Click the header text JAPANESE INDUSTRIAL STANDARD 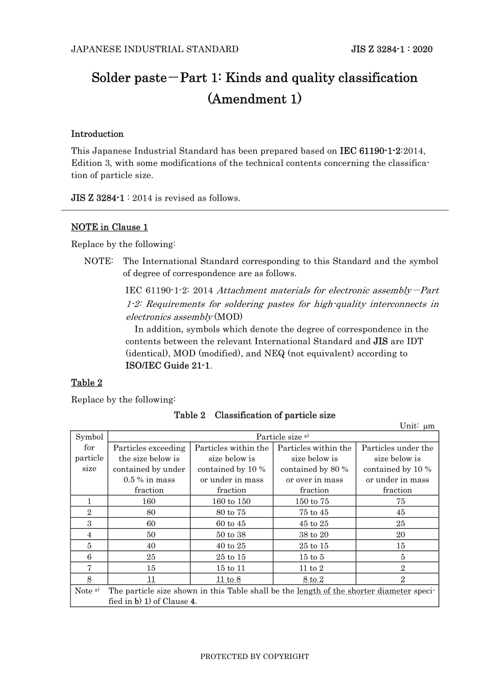point(155,50)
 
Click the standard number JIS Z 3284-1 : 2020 point(392,50)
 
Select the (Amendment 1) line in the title point(254,99)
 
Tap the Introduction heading point(97,134)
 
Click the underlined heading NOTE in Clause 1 point(109,227)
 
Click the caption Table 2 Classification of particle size point(254,415)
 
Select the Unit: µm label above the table point(417,426)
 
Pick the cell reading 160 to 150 point(231,501)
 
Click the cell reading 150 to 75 point(314,501)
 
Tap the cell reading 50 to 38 point(231,534)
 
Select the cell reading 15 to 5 point(314,557)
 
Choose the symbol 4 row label point(89,534)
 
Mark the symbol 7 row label point(89,568)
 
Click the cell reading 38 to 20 point(314,534)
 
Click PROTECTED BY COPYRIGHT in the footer point(254,656)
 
